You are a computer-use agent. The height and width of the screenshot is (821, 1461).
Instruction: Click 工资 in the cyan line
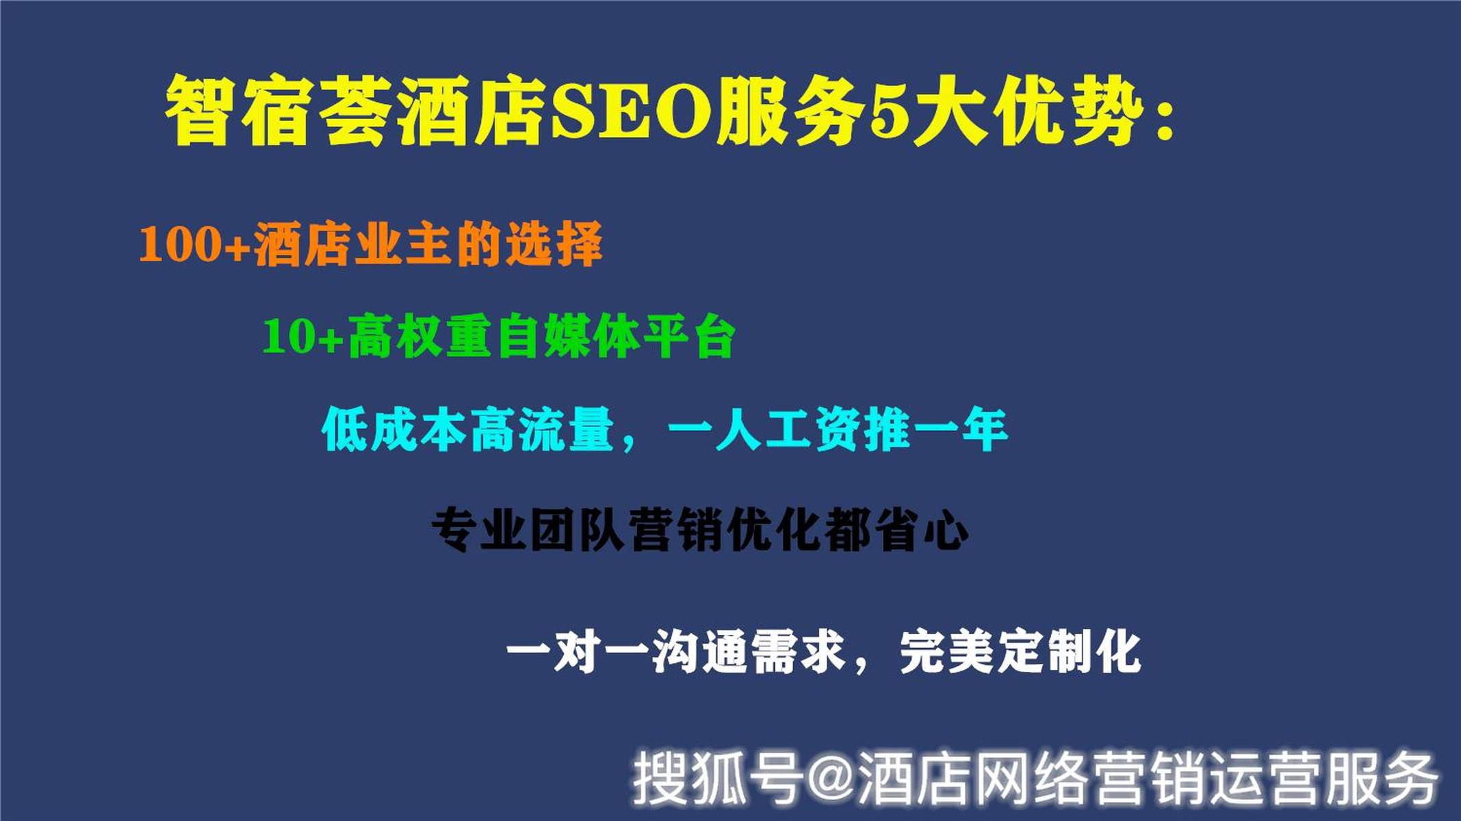[x=813, y=430]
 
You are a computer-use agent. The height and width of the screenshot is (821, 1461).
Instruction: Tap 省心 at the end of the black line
[x=921, y=530]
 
